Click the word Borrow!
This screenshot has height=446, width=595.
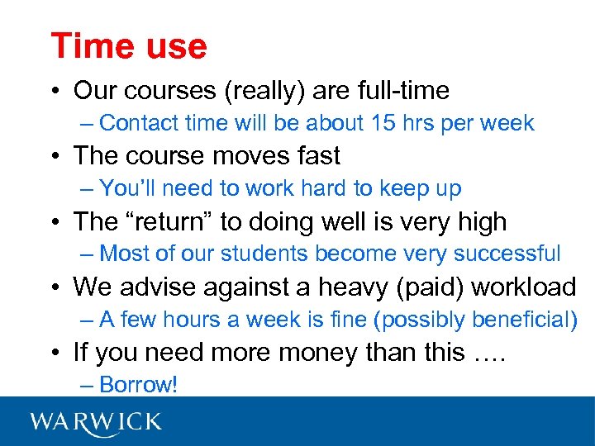coord(138,385)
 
